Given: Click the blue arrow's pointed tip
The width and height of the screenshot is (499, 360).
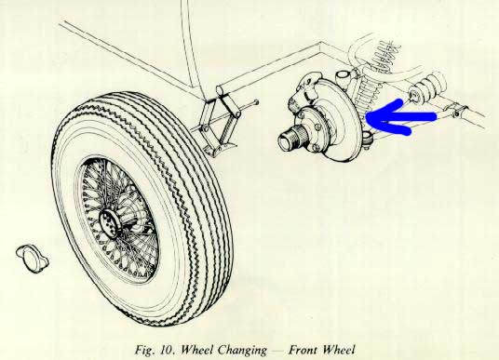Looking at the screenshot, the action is coord(367,118).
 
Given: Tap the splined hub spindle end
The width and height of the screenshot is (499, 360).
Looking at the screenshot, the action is coord(288,139).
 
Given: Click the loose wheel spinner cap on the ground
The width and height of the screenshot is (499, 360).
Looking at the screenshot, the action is coord(33,259).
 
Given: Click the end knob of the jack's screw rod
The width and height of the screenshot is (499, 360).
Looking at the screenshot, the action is coord(256,102).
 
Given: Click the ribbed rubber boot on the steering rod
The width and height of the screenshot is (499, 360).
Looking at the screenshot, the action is coord(428,87).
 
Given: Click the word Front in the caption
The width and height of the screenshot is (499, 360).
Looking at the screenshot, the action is coord(303,350).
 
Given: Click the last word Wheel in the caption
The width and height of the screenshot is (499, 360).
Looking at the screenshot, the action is coord(338,350).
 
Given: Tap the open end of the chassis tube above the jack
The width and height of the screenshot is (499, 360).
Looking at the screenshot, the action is coord(221,89).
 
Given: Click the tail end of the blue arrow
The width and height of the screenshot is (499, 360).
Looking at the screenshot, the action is coord(435,117).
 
